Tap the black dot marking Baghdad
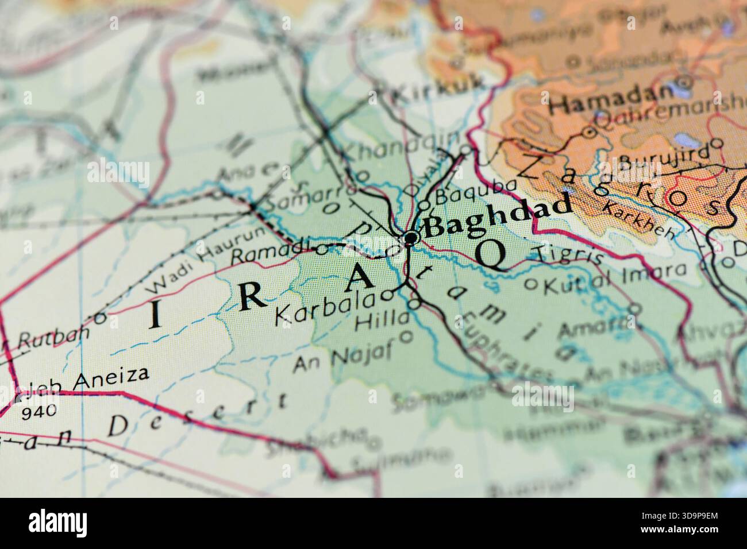(x=411, y=237)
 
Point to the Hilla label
(x=390, y=322)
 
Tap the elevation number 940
(x=39, y=410)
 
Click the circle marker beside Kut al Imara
(x=531, y=283)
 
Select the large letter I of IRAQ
(x=155, y=317)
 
